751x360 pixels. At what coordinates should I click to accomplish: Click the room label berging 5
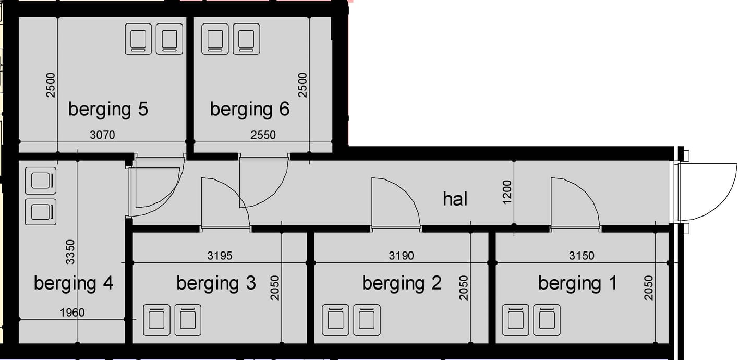tap(108, 110)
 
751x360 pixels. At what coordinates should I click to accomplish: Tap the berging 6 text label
tap(249, 110)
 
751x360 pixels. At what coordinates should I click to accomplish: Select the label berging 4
tap(73, 283)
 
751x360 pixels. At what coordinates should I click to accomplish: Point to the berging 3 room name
tap(216, 283)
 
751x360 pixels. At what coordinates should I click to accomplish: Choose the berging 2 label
tap(402, 283)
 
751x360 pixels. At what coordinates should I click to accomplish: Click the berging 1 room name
tap(577, 283)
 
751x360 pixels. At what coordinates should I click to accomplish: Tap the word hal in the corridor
tap(455, 199)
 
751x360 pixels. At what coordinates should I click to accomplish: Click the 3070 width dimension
tap(102, 135)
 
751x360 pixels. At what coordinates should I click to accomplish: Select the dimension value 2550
tap(263, 135)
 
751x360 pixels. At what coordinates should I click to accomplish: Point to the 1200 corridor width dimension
tap(507, 193)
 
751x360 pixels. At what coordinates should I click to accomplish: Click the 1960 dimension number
tap(72, 313)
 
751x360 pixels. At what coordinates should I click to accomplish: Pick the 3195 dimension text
tap(220, 256)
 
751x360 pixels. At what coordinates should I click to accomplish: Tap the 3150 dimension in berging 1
tap(582, 256)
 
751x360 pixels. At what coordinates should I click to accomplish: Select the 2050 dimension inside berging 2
tap(464, 287)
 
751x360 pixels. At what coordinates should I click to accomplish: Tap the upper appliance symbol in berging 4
tap(41, 181)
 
